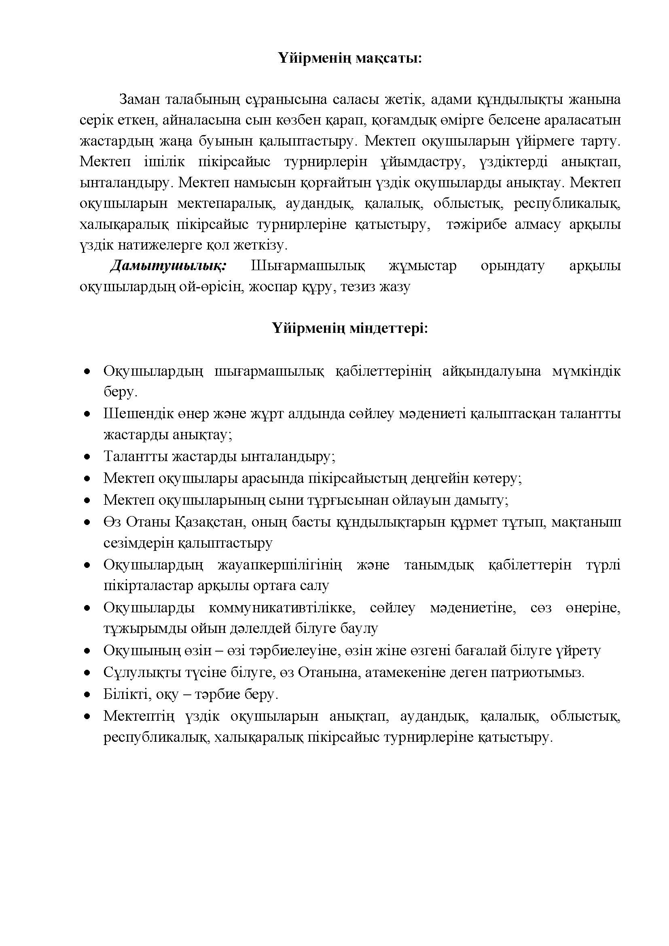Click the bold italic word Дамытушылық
click(168, 266)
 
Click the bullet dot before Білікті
click(87, 695)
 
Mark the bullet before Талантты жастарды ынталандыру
click(87, 457)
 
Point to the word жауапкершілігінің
click(280, 565)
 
